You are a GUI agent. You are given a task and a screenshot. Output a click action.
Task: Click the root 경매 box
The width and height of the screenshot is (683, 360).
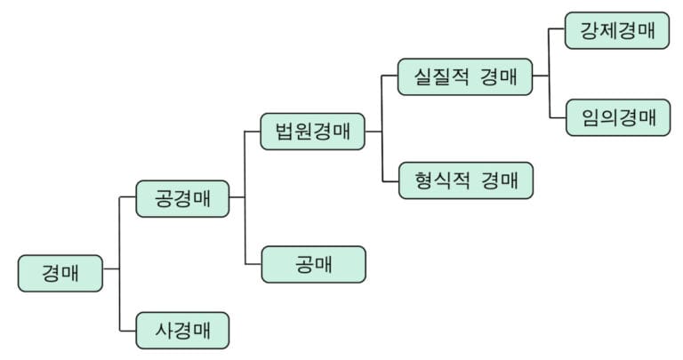tap(60, 273)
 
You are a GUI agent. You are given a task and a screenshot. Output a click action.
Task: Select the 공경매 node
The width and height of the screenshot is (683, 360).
tap(182, 198)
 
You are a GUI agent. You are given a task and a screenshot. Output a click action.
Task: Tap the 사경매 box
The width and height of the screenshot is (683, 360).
tap(182, 331)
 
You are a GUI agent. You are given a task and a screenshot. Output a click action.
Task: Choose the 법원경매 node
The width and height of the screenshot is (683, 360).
tap(313, 132)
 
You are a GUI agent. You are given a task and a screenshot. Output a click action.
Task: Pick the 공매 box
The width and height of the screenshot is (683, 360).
tap(313, 264)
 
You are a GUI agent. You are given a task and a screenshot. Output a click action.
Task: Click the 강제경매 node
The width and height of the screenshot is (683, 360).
tap(617, 30)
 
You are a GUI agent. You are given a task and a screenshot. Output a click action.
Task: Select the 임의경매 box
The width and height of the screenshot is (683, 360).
tap(617, 117)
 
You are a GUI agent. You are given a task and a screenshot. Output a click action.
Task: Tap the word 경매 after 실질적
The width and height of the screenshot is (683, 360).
tap(499, 76)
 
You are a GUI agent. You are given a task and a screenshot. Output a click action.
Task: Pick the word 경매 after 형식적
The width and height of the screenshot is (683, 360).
tap(499, 180)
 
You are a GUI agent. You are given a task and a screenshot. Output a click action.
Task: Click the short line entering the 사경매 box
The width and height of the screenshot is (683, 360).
tap(127, 331)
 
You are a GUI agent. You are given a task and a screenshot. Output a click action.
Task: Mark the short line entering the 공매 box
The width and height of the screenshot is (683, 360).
tap(253, 264)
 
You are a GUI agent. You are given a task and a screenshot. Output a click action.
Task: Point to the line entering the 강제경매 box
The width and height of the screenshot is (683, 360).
tap(557, 30)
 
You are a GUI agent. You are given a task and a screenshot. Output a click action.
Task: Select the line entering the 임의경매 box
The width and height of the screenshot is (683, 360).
tap(557, 117)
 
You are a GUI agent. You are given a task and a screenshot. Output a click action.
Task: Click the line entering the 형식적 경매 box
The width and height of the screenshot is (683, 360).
tap(390, 180)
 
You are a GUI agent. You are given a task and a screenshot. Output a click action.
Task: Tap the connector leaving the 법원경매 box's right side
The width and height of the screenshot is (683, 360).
tap(373, 132)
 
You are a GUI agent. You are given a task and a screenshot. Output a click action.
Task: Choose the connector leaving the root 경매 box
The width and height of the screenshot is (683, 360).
tap(110, 268)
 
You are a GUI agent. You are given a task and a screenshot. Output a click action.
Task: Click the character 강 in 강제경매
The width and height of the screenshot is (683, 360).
tap(590, 30)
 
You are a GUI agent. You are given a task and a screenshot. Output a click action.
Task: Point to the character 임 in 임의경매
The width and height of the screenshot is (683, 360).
tap(591, 117)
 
